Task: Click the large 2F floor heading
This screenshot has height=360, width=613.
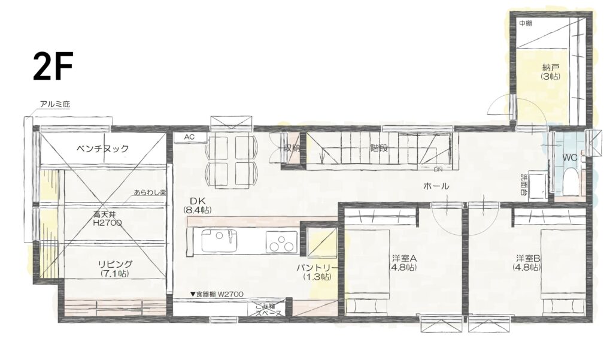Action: coord(53,67)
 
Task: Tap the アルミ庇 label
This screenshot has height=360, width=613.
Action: coord(54,104)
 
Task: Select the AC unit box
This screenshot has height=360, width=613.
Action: coord(190,137)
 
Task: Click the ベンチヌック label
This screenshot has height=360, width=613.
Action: coord(102,149)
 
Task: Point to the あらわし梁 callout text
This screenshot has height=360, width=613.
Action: coord(150,192)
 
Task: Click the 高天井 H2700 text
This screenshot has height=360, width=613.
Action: coord(107,219)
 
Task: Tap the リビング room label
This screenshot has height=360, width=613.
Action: coord(115,268)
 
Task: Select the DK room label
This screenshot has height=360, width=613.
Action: coord(198,205)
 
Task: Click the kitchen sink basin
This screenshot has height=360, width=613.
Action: coord(219,241)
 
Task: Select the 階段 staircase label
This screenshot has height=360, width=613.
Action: coord(379,149)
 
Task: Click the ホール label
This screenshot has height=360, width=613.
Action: coord(436,186)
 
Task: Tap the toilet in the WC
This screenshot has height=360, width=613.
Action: coord(571,180)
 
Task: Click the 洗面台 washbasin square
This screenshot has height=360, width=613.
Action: coord(538,187)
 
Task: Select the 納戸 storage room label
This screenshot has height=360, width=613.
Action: coord(551,72)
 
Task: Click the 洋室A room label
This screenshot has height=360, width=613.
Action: coord(403,263)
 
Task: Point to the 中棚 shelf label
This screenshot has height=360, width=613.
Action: coord(526,23)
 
